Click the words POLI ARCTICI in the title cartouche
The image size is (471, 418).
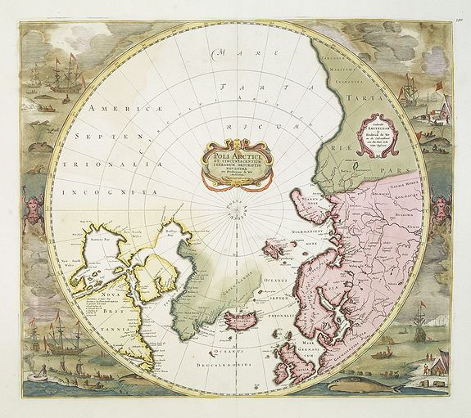tap(235, 151)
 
